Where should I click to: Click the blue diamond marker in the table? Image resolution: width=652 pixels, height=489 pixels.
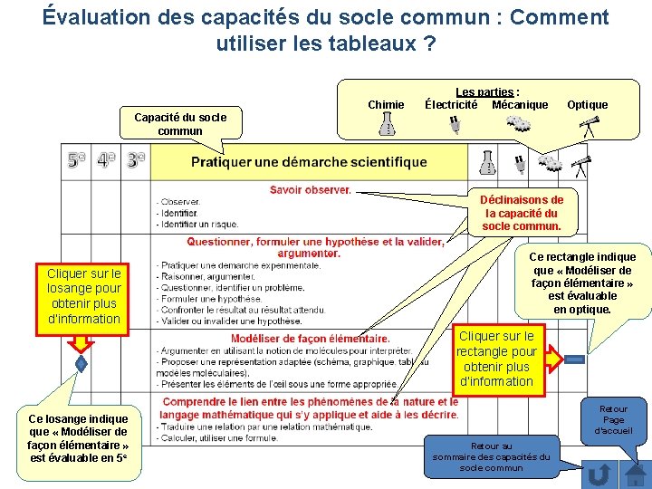coord(81,364)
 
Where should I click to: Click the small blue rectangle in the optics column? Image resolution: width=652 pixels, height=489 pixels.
coord(575,360)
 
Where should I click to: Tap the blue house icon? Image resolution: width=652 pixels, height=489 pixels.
coord(636,475)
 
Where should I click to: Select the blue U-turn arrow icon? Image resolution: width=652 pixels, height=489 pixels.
coord(599,475)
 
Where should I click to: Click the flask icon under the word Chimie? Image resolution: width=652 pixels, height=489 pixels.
coord(388,124)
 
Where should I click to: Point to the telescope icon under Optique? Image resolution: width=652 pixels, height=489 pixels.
coord(590,126)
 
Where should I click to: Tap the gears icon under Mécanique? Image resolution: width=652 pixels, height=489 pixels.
coord(518,125)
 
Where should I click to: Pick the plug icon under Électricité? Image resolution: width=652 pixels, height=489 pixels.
coord(454,125)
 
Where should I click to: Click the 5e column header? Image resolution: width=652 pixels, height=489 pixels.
coord(78,162)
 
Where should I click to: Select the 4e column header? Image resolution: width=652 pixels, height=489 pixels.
coord(107,162)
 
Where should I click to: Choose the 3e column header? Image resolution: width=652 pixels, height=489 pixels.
coord(135,162)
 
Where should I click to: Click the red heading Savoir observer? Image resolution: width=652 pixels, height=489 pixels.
coord(310,190)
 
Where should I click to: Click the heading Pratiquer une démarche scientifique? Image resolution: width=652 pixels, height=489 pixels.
coord(309,163)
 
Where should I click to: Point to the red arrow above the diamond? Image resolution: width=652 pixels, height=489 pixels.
coord(81,340)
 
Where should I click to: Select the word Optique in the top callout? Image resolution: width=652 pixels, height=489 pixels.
coord(587,105)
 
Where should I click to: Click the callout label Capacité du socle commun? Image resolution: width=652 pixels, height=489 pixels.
coord(180,124)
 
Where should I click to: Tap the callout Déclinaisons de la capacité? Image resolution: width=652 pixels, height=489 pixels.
coord(522,213)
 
